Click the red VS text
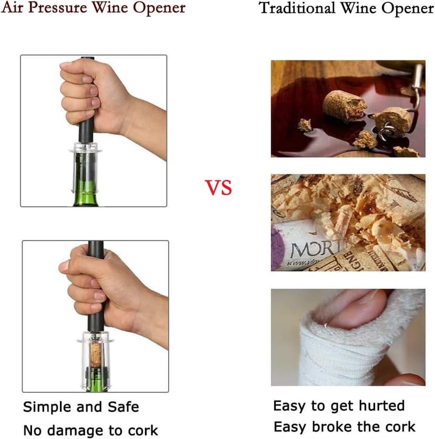(x=218, y=187)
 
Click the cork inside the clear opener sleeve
(x=96, y=352)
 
